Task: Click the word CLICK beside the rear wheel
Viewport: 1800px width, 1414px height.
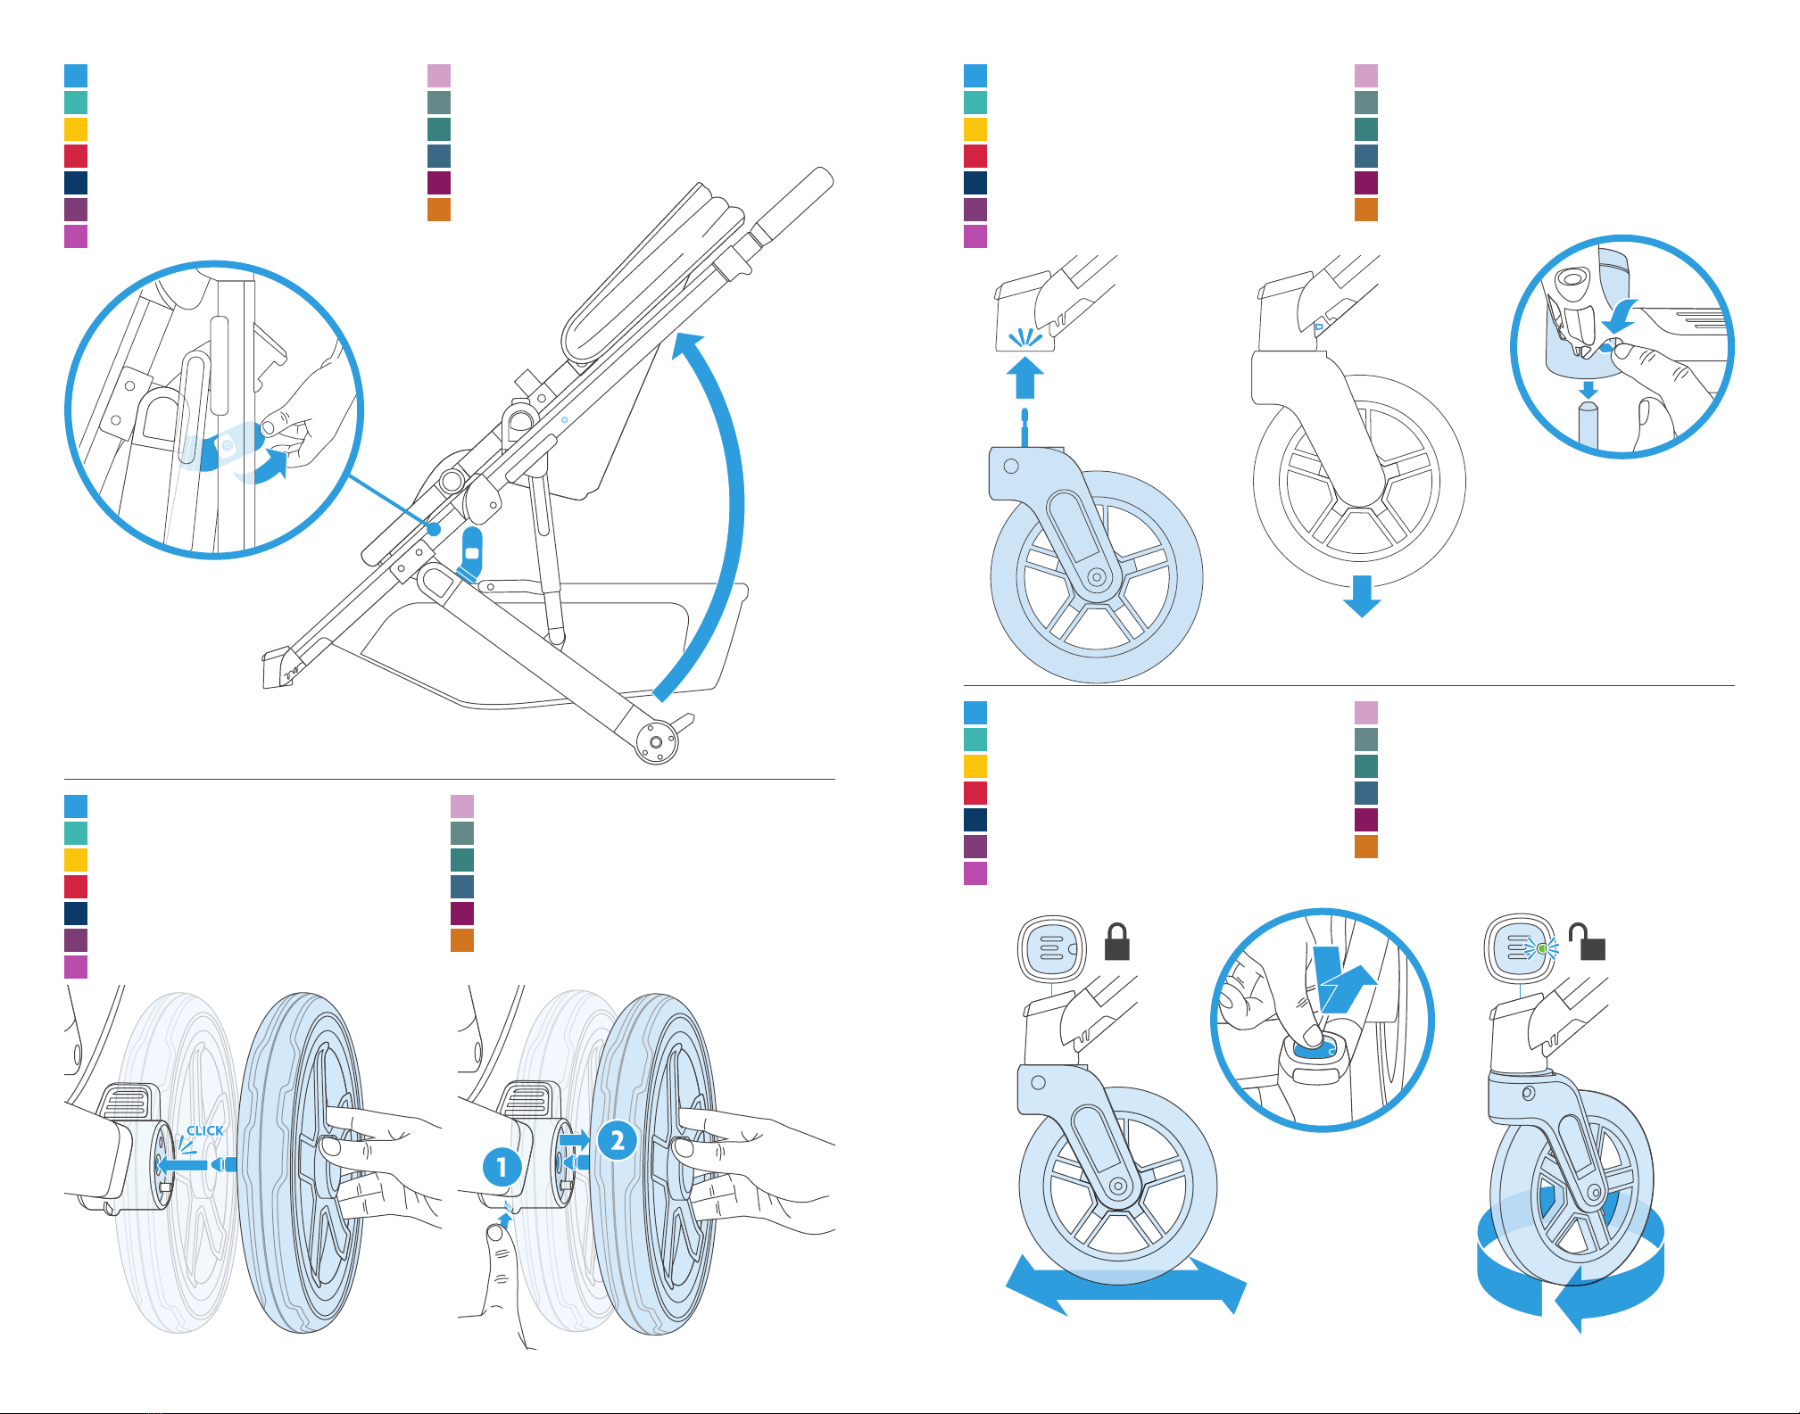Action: [x=205, y=1130]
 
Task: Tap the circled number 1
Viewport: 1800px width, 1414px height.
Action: [x=502, y=1166]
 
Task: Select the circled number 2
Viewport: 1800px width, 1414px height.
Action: [x=617, y=1140]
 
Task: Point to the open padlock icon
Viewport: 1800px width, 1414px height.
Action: [x=1588, y=942]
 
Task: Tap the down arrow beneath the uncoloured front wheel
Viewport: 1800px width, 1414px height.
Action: [x=1362, y=596]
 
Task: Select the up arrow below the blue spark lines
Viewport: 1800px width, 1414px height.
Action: [x=1025, y=377]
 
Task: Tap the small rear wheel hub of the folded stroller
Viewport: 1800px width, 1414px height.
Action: [x=656, y=742]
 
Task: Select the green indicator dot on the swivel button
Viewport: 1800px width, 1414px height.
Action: [x=1541, y=948]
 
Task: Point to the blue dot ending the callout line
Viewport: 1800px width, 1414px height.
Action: [x=434, y=529]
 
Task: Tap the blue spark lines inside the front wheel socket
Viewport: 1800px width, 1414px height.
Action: [x=1025, y=338]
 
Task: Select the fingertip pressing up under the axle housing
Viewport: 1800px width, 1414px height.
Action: [x=495, y=1235]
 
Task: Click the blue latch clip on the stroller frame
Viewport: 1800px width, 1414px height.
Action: [x=471, y=555]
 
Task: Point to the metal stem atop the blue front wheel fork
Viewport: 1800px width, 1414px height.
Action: [x=1024, y=426]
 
